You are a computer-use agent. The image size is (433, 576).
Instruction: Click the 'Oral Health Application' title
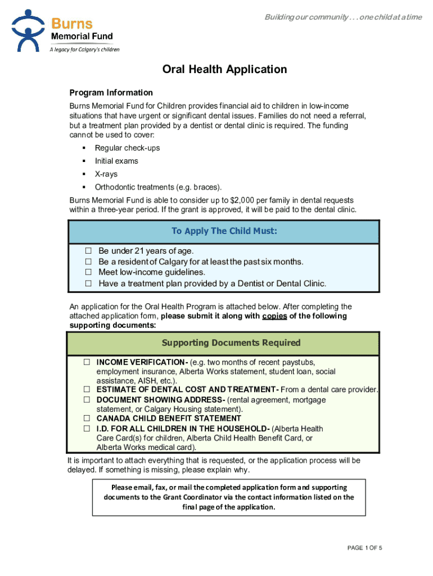click(x=224, y=70)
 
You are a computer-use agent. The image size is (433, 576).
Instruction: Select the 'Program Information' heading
click(x=111, y=93)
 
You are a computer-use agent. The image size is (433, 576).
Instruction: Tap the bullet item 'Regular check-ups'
click(x=127, y=148)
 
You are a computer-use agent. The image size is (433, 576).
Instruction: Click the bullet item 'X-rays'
click(x=106, y=174)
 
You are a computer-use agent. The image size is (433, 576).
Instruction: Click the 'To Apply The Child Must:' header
click(x=224, y=231)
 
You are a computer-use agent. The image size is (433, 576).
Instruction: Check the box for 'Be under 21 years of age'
click(x=88, y=251)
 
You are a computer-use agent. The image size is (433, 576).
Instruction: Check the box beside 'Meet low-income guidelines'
click(x=88, y=272)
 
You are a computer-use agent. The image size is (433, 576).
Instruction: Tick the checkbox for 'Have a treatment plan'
click(x=88, y=283)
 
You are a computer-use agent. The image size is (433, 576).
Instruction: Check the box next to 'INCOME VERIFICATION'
click(x=87, y=362)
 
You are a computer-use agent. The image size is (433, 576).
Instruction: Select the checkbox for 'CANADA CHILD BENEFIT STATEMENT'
click(x=87, y=418)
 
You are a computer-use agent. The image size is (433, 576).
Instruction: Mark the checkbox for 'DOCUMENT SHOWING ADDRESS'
click(x=87, y=399)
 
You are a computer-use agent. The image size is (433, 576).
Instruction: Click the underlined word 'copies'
click(x=274, y=316)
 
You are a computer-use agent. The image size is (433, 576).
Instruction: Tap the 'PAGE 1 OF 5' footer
click(x=365, y=548)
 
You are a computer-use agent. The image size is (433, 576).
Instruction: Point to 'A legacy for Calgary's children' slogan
click(x=84, y=49)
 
